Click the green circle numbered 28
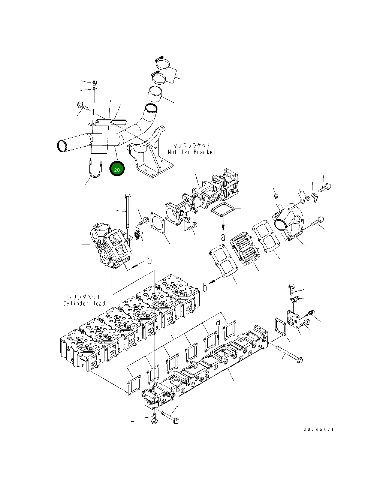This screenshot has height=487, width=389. (x=117, y=169)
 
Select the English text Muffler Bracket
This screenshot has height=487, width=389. (x=192, y=152)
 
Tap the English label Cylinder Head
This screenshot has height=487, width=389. (x=84, y=303)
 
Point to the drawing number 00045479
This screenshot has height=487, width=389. (x=318, y=430)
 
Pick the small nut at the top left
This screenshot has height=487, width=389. (x=94, y=83)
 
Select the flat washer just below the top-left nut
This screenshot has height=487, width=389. (x=94, y=89)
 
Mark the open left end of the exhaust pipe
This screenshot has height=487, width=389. (x=62, y=146)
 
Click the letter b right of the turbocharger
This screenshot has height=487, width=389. (x=149, y=259)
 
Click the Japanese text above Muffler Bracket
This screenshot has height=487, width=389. (x=192, y=145)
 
